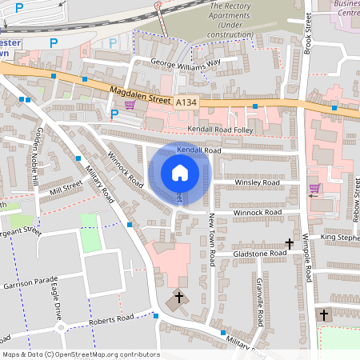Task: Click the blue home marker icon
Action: click(x=179, y=173)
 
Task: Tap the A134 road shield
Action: click(x=186, y=102)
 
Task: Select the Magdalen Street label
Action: click(x=141, y=97)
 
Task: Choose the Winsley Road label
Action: click(x=257, y=182)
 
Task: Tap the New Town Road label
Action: click(x=212, y=239)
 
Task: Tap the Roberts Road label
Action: click(x=113, y=318)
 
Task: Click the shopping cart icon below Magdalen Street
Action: click(x=129, y=114)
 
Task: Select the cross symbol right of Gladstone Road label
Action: click(x=290, y=243)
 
